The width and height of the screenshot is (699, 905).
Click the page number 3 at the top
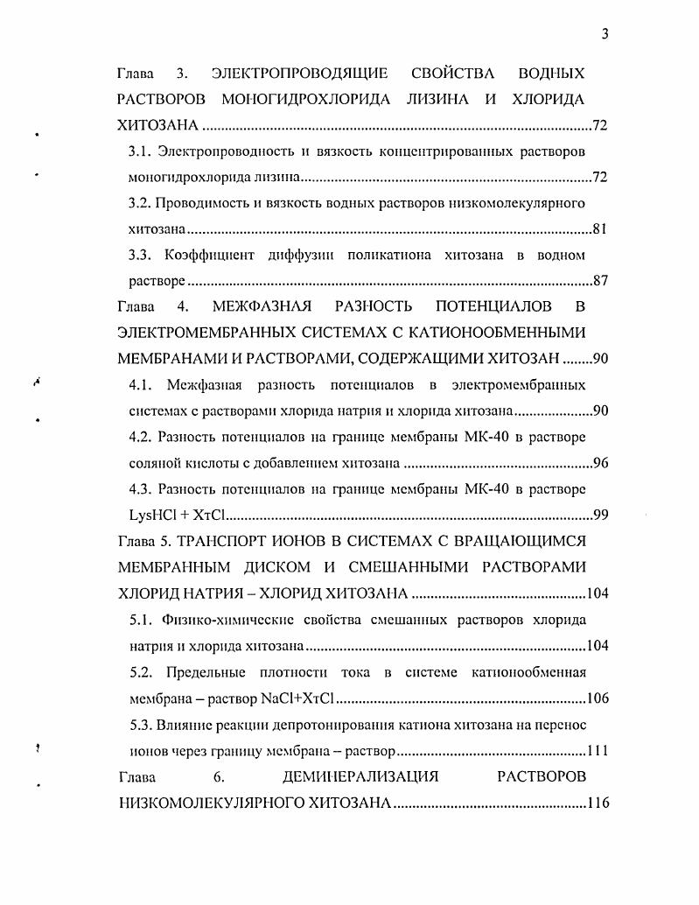604,34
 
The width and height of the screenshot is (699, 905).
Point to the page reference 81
599,230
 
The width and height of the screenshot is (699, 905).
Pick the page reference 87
599,282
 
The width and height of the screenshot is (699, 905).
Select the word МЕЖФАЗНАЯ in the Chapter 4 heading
262,307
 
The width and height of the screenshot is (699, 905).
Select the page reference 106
596,698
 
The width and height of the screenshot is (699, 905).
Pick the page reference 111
596,750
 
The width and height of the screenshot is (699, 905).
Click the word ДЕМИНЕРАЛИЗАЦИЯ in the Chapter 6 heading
360,776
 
